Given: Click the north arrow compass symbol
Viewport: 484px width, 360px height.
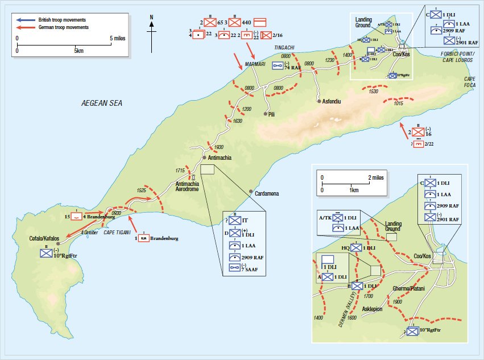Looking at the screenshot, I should pos(152,31).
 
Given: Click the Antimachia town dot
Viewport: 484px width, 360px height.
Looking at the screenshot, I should pos(203,157).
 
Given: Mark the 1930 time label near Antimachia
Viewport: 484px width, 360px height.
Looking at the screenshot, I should pos(213,147).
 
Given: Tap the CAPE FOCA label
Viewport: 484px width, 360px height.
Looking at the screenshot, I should pos(469,83).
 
